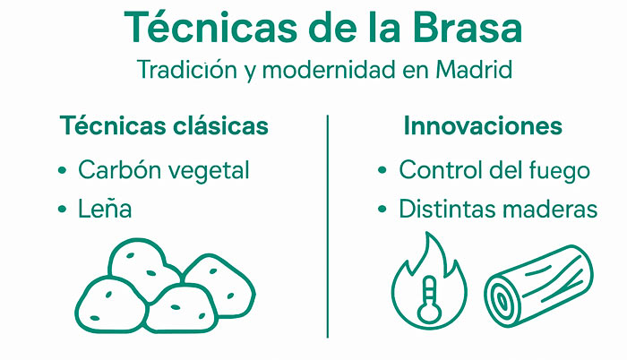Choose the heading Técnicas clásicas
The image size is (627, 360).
[x=164, y=126]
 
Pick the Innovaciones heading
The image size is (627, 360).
[x=483, y=126]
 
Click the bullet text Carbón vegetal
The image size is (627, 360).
[x=163, y=170]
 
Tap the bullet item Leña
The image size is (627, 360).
[x=105, y=210]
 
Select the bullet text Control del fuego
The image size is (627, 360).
[x=494, y=170]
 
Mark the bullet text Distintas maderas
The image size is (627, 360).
[x=498, y=210]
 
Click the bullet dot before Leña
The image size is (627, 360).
[x=62, y=210]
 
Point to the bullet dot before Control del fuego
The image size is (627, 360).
[x=382, y=170]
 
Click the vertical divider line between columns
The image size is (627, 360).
[x=328, y=224]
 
